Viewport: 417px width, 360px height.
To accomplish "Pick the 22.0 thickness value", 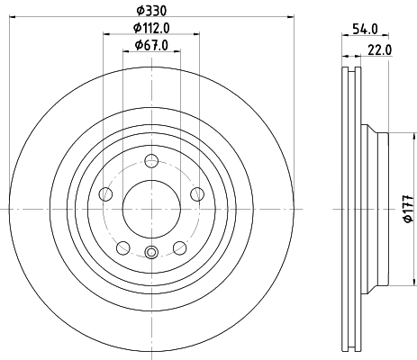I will [x=379, y=50].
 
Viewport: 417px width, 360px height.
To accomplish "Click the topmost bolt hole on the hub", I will [x=151, y=161].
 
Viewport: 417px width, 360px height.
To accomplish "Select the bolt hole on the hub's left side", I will [x=106, y=194].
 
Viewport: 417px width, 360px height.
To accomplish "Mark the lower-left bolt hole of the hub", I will [x=123, y=246].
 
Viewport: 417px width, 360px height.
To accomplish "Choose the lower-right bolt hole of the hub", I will [x=179, y=246].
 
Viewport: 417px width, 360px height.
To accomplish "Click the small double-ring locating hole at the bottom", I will [x=151, y=252].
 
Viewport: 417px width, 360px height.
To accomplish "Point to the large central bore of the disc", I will [x=151, y=208].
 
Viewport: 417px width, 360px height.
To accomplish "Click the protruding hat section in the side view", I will [x=379, y=208].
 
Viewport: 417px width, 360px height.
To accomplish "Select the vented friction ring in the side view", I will [x=351, y=208].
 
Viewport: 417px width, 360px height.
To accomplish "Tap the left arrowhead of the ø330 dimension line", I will [x=10, y=15].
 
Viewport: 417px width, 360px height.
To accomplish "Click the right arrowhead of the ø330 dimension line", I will [x=291, y=15].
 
